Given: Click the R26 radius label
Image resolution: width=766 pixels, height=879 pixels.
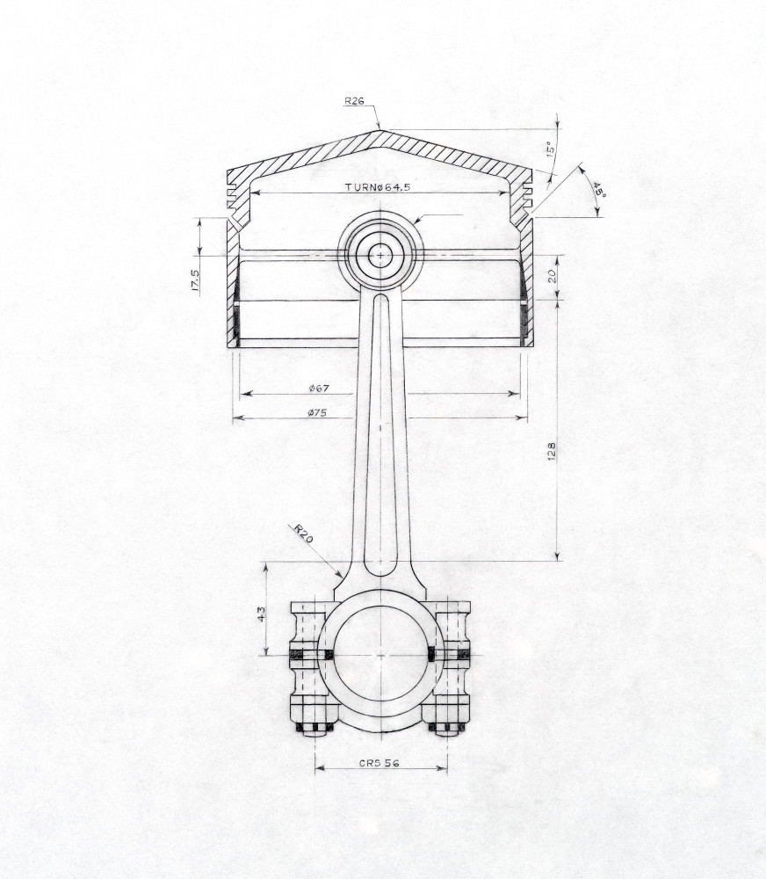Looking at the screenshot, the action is [354, 101].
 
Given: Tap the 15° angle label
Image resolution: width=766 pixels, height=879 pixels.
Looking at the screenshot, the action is [550, 149].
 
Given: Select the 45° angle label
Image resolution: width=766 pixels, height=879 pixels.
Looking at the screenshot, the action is [599, 190].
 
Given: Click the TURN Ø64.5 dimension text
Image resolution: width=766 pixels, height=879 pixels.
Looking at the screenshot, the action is [378, 186].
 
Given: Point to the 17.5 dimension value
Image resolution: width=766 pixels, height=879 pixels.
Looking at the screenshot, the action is [196, 280].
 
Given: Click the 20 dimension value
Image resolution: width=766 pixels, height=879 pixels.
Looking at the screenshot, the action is [552, 276].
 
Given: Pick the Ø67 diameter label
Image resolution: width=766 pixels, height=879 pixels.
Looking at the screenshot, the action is [319, 388].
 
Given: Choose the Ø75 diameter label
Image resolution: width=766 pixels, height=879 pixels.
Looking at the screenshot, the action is [317, 412].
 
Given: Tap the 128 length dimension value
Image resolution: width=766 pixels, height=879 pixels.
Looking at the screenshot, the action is [552, 451].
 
